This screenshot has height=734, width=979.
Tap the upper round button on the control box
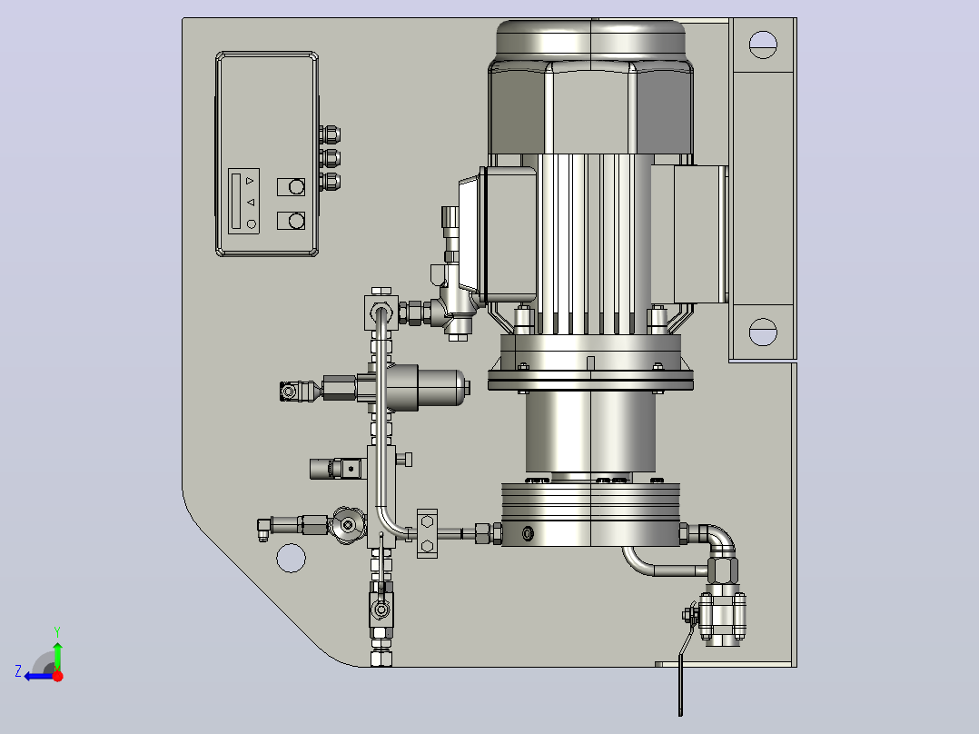297,187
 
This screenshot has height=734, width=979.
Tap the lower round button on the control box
297,221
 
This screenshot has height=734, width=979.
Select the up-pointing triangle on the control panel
250,181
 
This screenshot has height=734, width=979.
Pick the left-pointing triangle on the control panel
251,203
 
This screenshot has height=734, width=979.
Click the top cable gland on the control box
330,134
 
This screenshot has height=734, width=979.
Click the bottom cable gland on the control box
330,182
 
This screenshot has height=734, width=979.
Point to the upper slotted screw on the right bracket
762,45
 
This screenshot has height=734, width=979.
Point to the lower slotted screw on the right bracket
762,332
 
